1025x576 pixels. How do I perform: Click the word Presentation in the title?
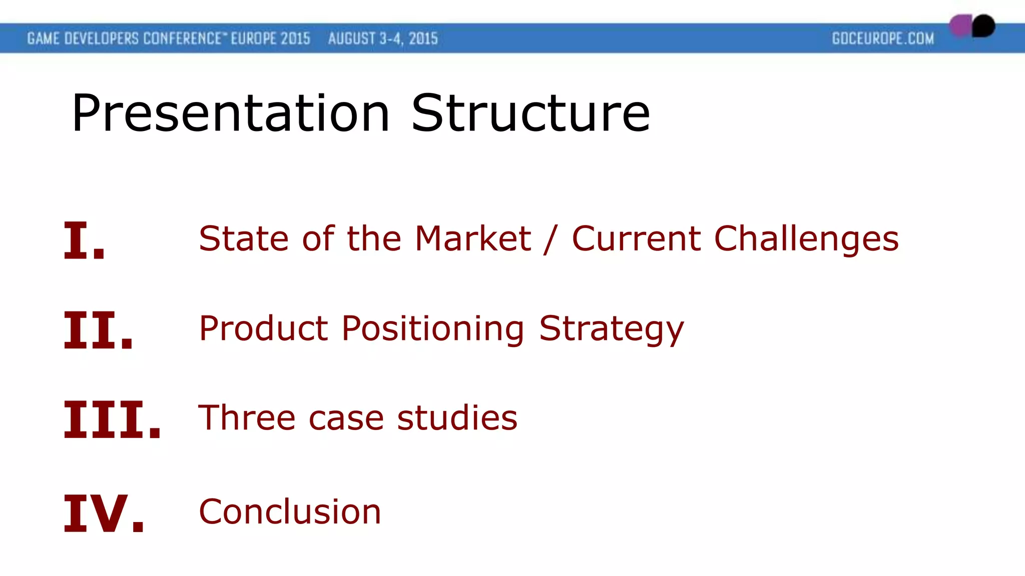pyautogui.click(x=230, y=114)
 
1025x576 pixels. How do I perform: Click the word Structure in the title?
pyautogui.click(x=531, y=114)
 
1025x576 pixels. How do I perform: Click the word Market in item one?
pyautogui.click(x=472, y=238)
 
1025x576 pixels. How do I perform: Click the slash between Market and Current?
pyautogui.click(x=551, y=239)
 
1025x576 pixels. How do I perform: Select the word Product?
pyautogui.click(x=263, y=328)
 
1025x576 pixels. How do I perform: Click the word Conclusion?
pyautogui.click(x=290, y=512)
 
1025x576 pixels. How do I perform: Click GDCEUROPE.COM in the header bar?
pyautogui.click(x=883, y=39)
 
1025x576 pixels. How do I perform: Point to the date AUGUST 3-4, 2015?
pyautogui.click(x=383, y=39)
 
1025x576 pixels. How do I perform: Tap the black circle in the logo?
pyautogui.click(x=983, y=26)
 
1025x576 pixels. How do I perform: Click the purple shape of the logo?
pyautogui.click(x=960, y=26)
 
